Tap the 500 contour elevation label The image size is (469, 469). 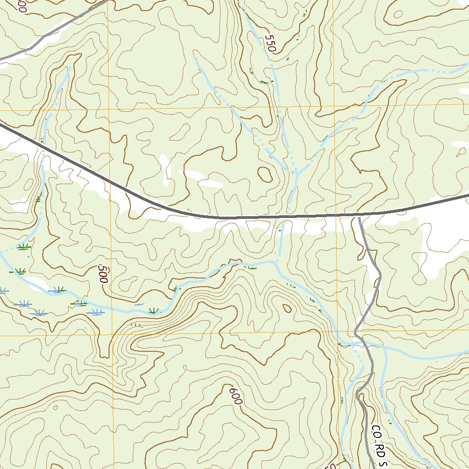click(x=103, y=273)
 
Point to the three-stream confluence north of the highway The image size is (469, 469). click(x=295, y=172)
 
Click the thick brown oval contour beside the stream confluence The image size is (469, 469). click(x=265, y=174)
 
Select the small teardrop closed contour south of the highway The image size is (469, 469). click(x=287, y=308)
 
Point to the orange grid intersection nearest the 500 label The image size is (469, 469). click(x=110, y=334)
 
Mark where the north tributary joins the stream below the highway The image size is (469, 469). click(x=278, y=260)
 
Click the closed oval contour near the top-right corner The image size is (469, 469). click(x=398, y=14)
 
